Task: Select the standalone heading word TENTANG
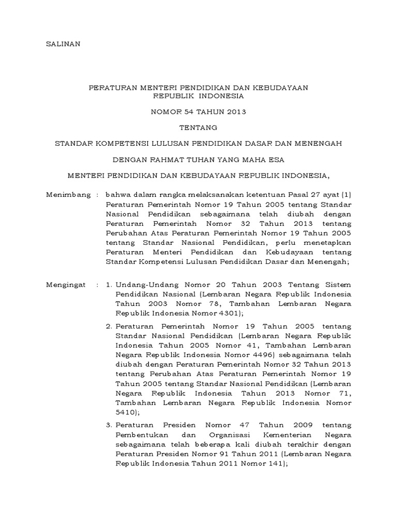pos(198,127)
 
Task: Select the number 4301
pos(226,313)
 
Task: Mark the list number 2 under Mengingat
pos(109,326)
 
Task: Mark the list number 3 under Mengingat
pos(109,425)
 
